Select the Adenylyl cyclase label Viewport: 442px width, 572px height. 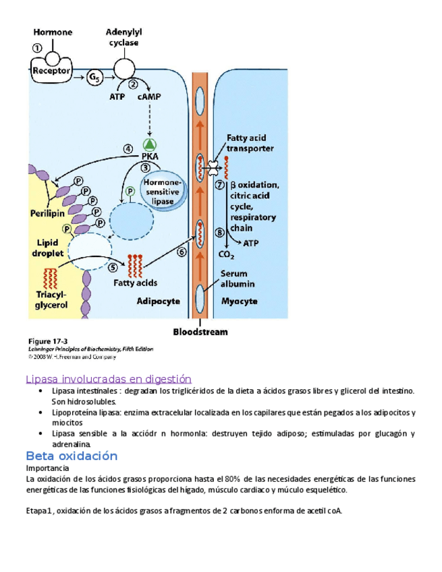pyautogui.click(x=123, y=36)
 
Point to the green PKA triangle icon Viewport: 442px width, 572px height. pyautogui.click(x=150, y=144)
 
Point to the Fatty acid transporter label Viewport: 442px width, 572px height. pyautogui.click(x=250, y=143)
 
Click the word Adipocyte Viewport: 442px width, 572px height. pyautogui.click(x=159, y=302)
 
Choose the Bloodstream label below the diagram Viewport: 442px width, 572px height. pyautogui.click(x=200, y=331)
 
